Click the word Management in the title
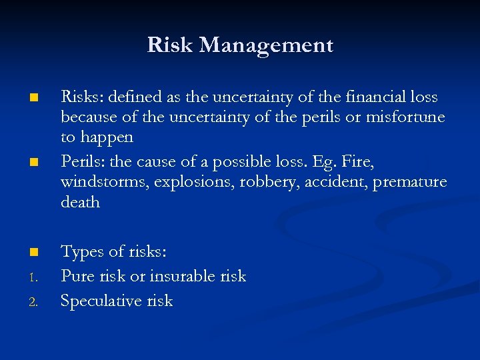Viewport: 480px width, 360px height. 266,45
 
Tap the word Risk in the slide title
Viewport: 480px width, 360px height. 171,45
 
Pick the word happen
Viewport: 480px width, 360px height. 107,138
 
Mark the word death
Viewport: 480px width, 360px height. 80,202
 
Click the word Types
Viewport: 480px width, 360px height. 83,252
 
